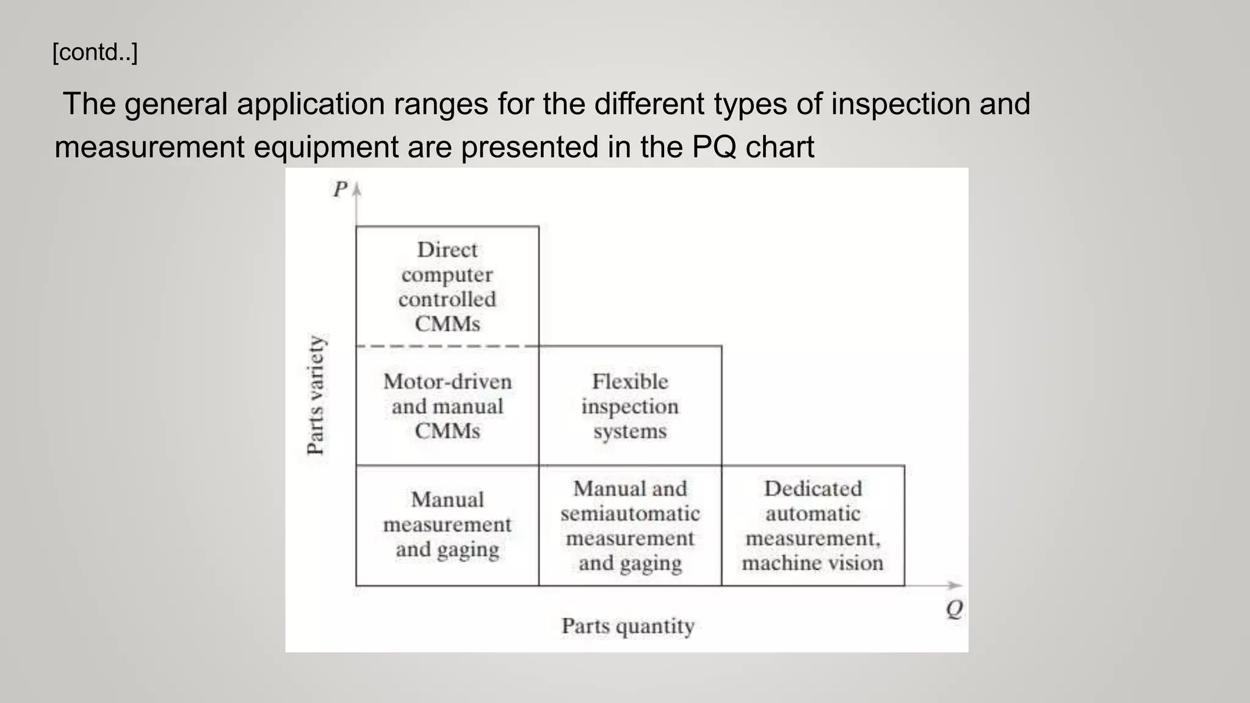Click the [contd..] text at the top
point(95,52)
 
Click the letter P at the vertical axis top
point(340,189)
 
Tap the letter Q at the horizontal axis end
point(955,609)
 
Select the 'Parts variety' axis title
point(316,395)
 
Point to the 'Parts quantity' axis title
point(628,626)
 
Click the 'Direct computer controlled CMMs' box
point(447,286)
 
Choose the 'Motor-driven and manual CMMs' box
point(447,406)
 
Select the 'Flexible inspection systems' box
point(630,406)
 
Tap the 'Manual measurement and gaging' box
point(447,525)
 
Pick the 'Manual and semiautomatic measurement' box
point(630,525)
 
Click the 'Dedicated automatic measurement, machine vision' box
point(812,525)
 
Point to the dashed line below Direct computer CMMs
point(447,346)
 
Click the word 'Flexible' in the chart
point(630,381)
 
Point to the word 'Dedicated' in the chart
point(812,489)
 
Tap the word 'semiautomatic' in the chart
point(630,514)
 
